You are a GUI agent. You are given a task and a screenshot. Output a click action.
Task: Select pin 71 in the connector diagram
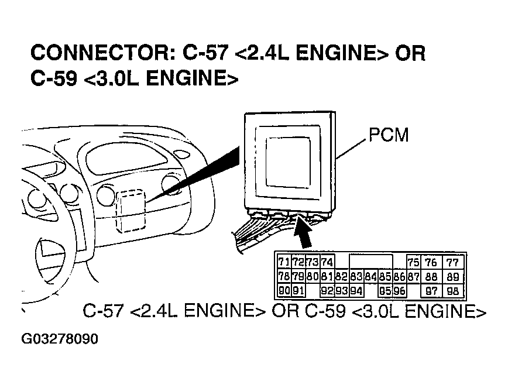pyautogui.click(x=284, y=262)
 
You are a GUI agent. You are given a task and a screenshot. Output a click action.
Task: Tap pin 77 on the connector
pyautogui.click(x=452, y=263)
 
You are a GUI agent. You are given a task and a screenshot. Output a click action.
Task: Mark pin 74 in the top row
pyautogui.click(x=327, y=262)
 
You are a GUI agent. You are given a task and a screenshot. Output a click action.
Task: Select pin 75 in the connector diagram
pyautogui.click(x=413, y=263)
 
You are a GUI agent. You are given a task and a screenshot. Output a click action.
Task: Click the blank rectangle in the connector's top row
pyautogui.click(x=370, y=261)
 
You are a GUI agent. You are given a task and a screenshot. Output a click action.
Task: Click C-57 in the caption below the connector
pyautogui.click(x=104, y=312)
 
